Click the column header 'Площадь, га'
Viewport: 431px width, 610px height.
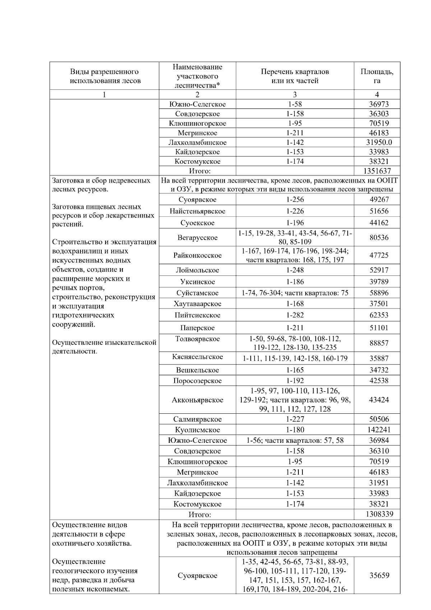(377, 76)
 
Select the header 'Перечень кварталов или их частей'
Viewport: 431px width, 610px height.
(295, 76)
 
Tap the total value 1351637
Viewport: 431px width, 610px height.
(377, 171)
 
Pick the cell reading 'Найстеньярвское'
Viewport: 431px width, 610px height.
(198, 211)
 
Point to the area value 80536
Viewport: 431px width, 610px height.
(379, 237)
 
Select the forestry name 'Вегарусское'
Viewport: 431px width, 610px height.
(198, 238)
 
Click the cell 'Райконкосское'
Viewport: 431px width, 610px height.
(198, 256)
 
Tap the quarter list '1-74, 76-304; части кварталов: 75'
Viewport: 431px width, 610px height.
(295, 293)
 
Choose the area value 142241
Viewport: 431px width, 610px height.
(379, 430)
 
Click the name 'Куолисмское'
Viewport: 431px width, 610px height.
(198, 430)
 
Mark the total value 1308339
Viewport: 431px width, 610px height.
(379, 514)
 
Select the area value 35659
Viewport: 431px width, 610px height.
(379, 575)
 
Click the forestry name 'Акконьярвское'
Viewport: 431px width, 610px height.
(198, 400)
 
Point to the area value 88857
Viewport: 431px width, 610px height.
(379, 343)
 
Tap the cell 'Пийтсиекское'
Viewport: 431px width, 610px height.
(198, 315)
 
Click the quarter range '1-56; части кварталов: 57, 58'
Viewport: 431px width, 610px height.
(295, 440)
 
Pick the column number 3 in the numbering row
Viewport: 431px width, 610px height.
(295, 95)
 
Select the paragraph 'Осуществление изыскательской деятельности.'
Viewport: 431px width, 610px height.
(104, 347)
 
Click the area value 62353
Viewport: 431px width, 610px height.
(379, 315)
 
